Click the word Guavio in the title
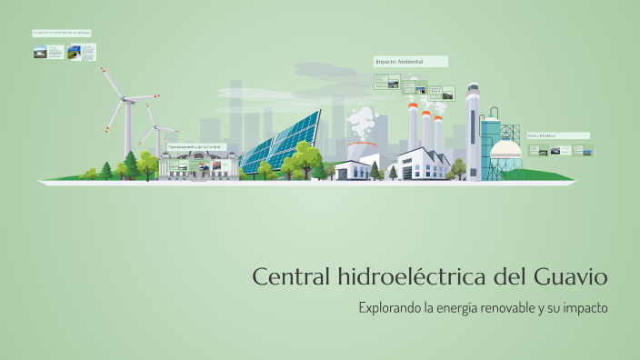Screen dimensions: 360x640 (570, 275)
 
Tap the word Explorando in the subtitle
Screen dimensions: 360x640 (389, 307)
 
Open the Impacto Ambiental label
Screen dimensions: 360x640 (410, 62)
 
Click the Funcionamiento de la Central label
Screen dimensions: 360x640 (195, 146)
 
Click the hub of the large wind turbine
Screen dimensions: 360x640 (126, 101)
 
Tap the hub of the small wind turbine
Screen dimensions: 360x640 (155, 128)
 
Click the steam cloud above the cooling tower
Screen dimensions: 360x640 (363, 121)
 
